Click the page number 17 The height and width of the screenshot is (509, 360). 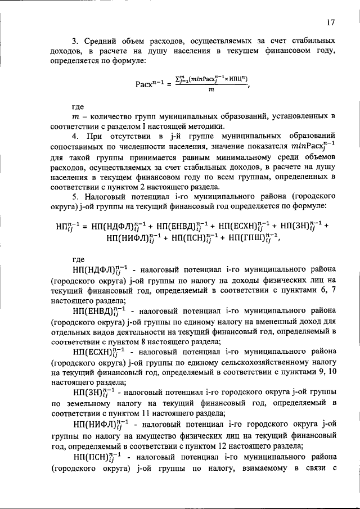[x=330, y=22]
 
